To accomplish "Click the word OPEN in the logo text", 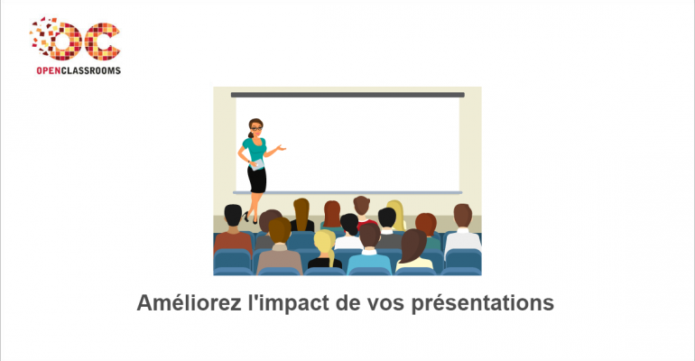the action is [x=49, y=70].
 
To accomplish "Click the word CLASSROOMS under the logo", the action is [x=91, y=70].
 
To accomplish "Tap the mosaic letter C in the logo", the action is [x=102, y=42].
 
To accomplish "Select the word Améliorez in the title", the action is [x=189, y=303].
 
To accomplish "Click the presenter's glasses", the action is [x=256, y=128].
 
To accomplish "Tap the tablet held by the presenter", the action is [x=256, y=165].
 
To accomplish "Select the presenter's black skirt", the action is [x=256, y=180].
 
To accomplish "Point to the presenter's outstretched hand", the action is [x=281, y=147].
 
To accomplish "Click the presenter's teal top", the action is [x=255, y=149].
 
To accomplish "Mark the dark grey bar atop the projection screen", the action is [x=347, y=95].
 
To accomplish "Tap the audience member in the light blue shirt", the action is [x=369, y=261].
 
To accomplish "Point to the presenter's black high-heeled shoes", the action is [x=250, y=218].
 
